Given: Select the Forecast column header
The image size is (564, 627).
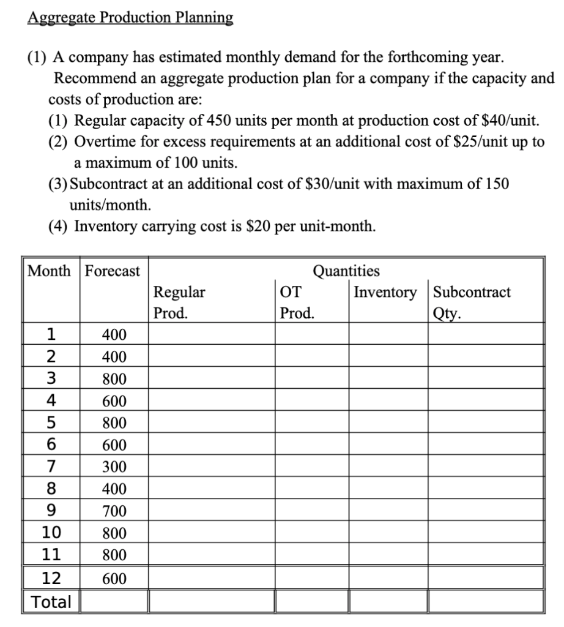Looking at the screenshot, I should [112, 271].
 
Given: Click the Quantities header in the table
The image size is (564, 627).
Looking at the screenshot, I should [346, 271].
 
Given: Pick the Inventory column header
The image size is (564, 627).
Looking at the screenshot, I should [386, 292].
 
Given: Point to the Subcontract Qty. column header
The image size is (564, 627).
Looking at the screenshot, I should [472, 302].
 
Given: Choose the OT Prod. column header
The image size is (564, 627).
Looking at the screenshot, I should [297, 302].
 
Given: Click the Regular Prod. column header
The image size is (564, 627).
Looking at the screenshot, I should [179, 302].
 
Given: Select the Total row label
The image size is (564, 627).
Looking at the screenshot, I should [52, 601].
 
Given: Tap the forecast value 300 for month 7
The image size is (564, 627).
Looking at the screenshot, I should [114, 467].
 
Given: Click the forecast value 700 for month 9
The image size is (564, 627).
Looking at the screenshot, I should [114, 511].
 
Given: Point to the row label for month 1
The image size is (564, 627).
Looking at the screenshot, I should [52, 334].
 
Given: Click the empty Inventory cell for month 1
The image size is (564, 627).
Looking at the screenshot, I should [388, 334].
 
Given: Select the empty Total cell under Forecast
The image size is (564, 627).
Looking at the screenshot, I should [114, 601].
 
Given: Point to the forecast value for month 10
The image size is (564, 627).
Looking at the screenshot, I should [114, 533].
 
